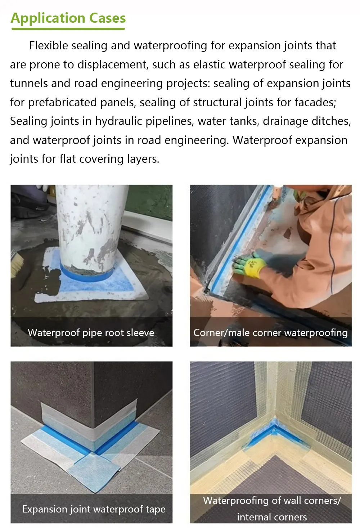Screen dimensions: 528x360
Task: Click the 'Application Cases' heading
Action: (68, 18)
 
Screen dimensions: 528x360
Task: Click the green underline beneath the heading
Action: (68, 28)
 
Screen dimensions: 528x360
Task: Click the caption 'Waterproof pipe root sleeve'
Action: (91, 332)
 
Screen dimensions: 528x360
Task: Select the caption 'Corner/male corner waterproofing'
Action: (270, 332)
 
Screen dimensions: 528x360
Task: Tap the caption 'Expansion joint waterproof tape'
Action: (94, 509)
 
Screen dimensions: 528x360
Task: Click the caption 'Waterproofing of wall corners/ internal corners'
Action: (272, 509)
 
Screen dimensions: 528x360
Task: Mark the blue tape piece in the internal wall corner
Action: (274, 432)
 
